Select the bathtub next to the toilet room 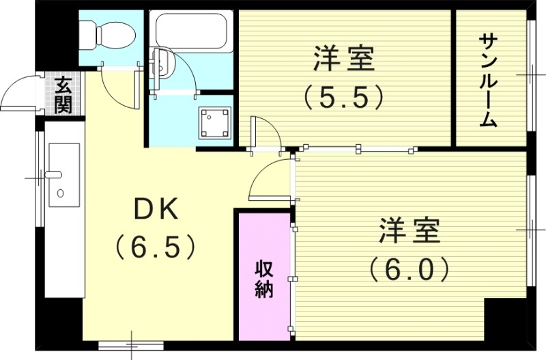[x=192, y=29]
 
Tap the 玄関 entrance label [x=63, y=95]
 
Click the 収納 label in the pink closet [x=265, y=277]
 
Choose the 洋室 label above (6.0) [x=409, y=231]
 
